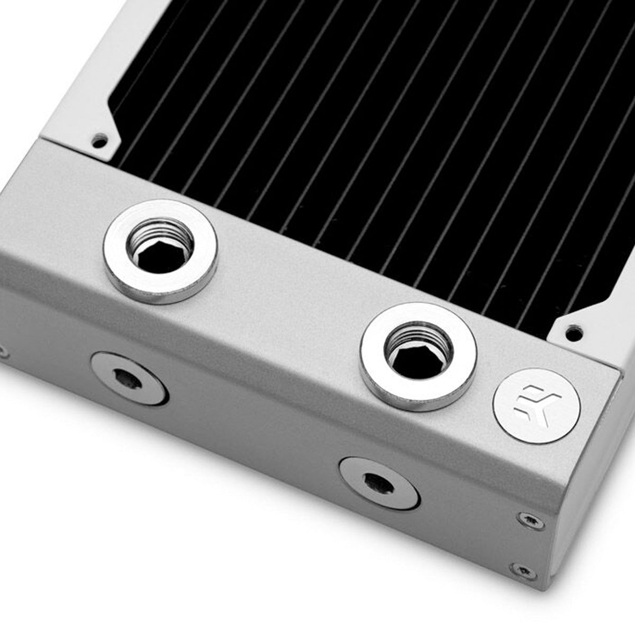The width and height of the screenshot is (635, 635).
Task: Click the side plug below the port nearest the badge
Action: point(379,482)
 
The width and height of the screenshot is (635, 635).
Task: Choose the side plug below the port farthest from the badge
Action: point(130,378)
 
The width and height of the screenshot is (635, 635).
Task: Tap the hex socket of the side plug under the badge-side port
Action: point(374,480)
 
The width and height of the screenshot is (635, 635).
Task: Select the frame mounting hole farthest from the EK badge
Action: point(99,141)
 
